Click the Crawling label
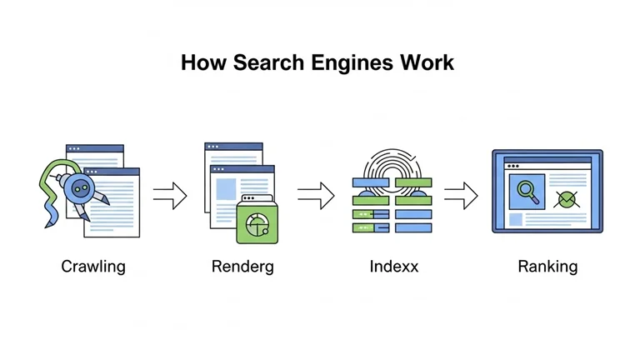click(x=93, y=267)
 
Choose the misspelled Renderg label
click(x=242, y=267)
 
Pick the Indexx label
click(x=394, y=267)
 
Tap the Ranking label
click(x=547, y=267)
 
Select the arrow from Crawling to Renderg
click(x=170, y=197)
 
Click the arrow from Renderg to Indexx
click(x=315, y=197)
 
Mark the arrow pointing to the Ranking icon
click(x=460, y=197)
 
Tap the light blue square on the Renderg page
click(x=227, y=189)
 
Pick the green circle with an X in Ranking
click(x=567, y=198)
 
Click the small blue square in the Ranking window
click(x=516, y=220)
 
